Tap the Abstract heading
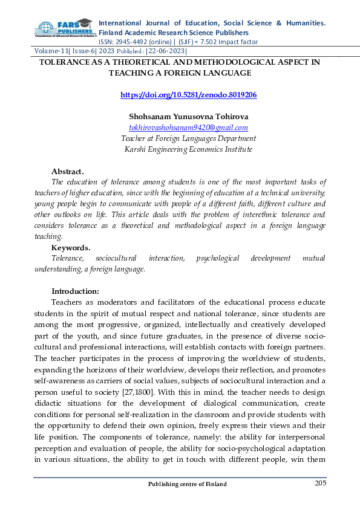pyautogui.click(x=67, y=172)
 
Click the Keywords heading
pyautogui.click(x=71, y=248)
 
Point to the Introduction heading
pyautogui.click(x=75, y=291)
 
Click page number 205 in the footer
pyautogui.click(x=321, y=483)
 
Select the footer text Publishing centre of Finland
pyautogui.click(x=188, y=484)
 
